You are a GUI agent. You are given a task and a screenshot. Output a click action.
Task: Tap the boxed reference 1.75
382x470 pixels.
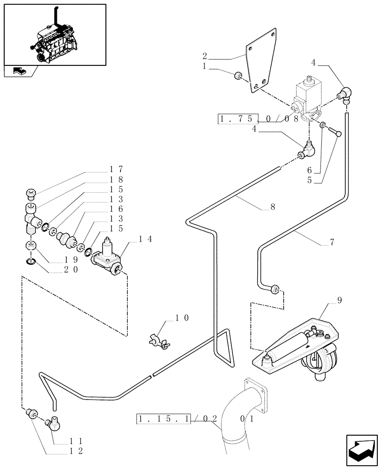(239, 119)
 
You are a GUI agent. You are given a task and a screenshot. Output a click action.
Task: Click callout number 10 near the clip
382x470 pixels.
(182, 318)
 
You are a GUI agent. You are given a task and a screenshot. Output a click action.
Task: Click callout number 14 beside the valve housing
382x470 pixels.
(144, 239)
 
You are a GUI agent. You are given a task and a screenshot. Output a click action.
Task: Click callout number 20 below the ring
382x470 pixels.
(72, 269)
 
